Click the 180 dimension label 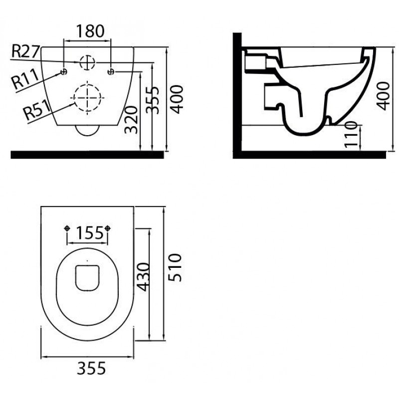90,31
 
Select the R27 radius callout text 26,51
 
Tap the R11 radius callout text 26,79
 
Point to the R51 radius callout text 36,110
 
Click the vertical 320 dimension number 131,120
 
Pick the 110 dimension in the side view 351,134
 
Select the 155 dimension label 90,233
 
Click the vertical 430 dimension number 143,277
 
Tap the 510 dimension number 176,267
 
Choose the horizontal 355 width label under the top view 91,368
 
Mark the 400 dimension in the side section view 383,96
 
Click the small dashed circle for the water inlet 87,62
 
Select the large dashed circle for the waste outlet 87,97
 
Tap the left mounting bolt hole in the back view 64,72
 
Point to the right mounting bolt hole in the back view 111,72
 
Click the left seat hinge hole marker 67,228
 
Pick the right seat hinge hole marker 107,228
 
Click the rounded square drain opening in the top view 87,278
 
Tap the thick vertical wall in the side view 237,96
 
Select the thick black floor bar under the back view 87,155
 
